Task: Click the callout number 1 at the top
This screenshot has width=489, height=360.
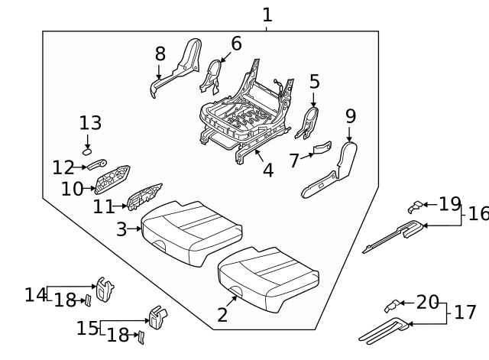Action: [267, 15]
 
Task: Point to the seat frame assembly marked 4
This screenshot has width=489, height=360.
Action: [244, 115]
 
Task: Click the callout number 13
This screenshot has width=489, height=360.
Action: [90, 123]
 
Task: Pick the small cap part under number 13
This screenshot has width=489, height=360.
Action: [88, 151]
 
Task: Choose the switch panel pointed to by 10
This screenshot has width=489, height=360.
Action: [114, 181]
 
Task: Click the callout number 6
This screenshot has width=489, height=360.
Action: [236, 44]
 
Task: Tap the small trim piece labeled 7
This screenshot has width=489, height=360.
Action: [323, 147]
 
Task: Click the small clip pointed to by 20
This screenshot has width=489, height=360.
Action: [390, 306]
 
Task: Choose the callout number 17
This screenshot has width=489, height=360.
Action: [465, 313]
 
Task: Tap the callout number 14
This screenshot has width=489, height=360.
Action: [35, 294]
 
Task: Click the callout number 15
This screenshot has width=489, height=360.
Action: [87, 329]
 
